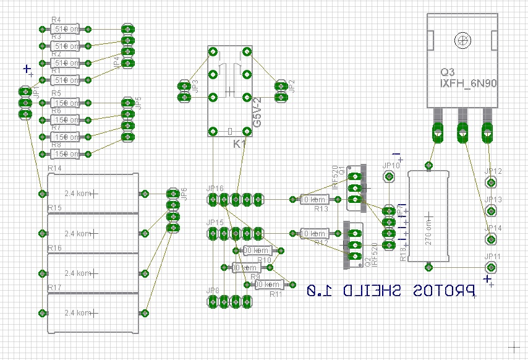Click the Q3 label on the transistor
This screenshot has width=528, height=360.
click(x=447, y=70)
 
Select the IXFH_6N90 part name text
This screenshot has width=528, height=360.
click(x=469, y=82)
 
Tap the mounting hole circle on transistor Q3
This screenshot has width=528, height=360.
click(x=461, y=41)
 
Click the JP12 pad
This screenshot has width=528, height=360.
click(x=490, y=182)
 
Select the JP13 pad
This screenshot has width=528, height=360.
click(x=490, y=211)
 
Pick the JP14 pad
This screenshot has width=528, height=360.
click(x=490, y=239)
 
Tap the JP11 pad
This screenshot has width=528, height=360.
click(x=490, y=267)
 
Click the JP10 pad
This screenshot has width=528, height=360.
click(x=389, y=177)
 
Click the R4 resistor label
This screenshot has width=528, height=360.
click(x=56, y=20)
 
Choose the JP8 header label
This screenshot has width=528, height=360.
click(x=213, y=290)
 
